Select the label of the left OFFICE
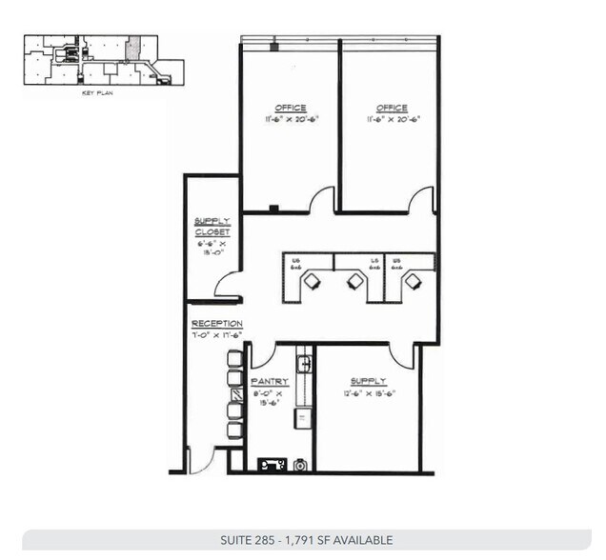click(x=291, y=109)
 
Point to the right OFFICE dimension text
click(x=391, y=120)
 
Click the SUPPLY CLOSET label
click(x=212, y=227)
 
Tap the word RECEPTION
click(x=216, y=324)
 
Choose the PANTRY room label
click(x=270, y=381)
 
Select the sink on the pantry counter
click(x=304, y=363)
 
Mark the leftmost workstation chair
click(x=313, y=281)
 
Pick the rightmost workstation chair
click(x=413, y=281)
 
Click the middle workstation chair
click(x=355, y=281)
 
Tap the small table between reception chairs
click(x=234, y=394)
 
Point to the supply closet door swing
click(x=227, y=284)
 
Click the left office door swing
click(x=321, y=199)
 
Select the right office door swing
click(x=421, y=200)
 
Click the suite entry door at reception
click(x=201, y=461)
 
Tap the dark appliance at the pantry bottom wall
click(x=272, y=465)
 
